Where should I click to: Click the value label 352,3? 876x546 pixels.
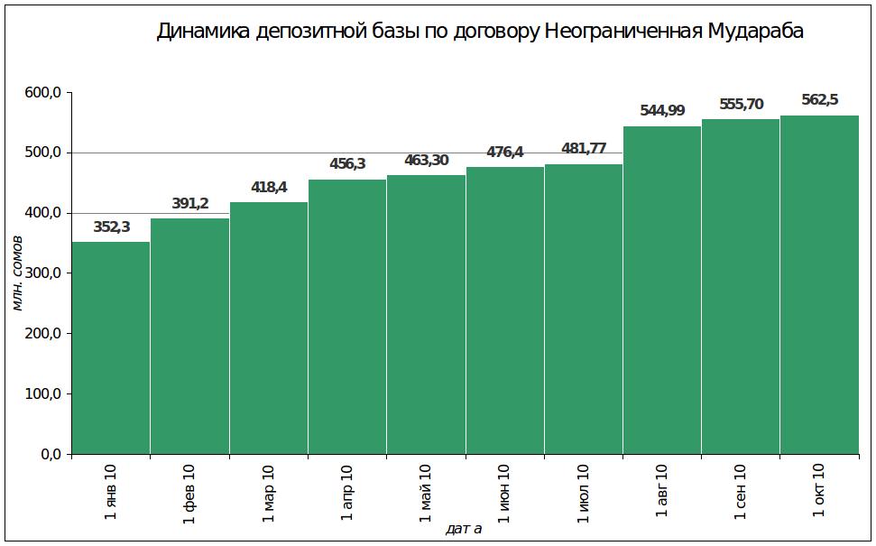(112, 227)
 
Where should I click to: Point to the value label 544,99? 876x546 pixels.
(662, 111)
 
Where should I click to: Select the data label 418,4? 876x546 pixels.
(269, 188)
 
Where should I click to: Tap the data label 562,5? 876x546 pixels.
(819, 100)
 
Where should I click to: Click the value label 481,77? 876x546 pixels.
(584, 149)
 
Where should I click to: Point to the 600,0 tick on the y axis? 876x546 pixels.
(42, 93)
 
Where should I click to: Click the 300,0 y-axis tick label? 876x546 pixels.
(42, 273)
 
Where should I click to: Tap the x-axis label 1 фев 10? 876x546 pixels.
(189, 491)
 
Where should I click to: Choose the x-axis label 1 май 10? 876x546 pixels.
(426, 492)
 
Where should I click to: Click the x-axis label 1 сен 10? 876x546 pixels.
(741, 491)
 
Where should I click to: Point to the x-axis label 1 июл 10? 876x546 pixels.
(583, 492)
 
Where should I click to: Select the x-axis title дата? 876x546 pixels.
(464, 529)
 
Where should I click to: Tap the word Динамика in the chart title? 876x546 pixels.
(204, 32)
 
